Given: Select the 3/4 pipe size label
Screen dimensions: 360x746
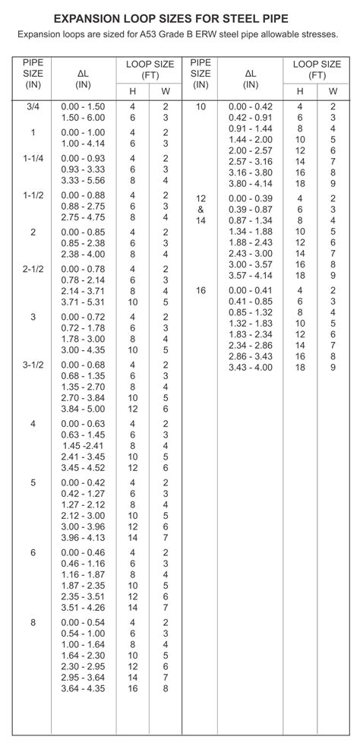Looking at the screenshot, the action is click(33, 107).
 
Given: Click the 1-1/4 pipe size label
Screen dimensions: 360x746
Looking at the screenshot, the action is click(33, 157).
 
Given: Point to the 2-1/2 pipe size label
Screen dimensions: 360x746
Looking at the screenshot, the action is click(33, 269).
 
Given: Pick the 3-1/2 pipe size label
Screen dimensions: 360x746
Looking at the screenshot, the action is click(33, 365).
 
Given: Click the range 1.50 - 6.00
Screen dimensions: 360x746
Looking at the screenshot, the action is click(83, 118).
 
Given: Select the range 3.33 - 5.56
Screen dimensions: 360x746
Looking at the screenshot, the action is click(83, 180).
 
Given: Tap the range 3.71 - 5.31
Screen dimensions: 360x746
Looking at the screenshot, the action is click(83, 302).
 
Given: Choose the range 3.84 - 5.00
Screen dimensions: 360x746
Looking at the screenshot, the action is click(83, 408).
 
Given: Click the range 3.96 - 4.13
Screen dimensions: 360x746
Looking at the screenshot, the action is click(83, 537).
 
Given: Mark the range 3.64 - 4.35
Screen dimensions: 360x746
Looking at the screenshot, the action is click(83, 688).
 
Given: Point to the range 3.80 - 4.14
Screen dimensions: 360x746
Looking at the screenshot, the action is click(250, 183).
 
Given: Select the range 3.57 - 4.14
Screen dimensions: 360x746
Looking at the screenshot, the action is click(250, 274).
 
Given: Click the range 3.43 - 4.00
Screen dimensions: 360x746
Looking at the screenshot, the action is click(250, 367).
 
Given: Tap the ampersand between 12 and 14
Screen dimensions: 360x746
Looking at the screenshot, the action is click(201, 209).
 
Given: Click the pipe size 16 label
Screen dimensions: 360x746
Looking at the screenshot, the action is click(201, 290).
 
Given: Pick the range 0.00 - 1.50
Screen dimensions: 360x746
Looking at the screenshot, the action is click(83, 107).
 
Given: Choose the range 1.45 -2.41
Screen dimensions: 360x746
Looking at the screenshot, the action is click(83, 444).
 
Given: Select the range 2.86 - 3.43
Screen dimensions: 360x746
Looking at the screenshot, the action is click(250, 356).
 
